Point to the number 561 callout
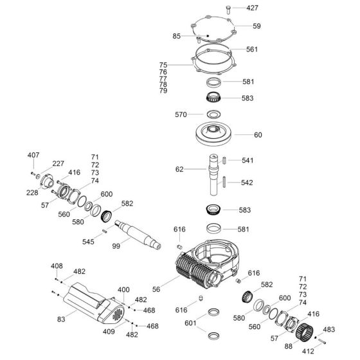tap(252, 49)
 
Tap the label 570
tap(181, 114)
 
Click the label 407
tap(33, 156)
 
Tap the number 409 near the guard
tap(109, 332)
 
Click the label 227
tap(58, 163)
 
